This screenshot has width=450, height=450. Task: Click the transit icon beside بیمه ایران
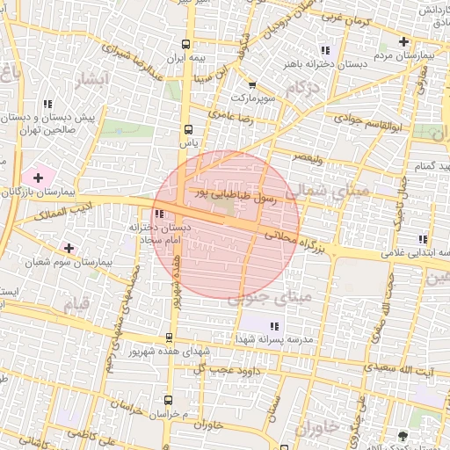(x=186, y=44)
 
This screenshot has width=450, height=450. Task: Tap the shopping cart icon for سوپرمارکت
(x=253, y=85)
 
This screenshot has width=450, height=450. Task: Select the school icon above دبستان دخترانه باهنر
(x=326, y=50)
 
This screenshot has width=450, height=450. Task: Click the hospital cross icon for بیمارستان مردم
(x=403, y=41)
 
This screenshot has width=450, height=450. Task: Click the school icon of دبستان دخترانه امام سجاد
(x=159, y=214)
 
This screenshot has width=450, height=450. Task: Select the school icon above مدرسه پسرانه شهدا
(x=260, y=327)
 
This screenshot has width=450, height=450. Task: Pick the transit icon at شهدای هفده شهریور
(x=170, y=337)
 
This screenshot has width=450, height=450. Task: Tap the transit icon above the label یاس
(x=185, y=129)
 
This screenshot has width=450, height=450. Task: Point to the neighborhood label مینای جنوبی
(x=270, y=299)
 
